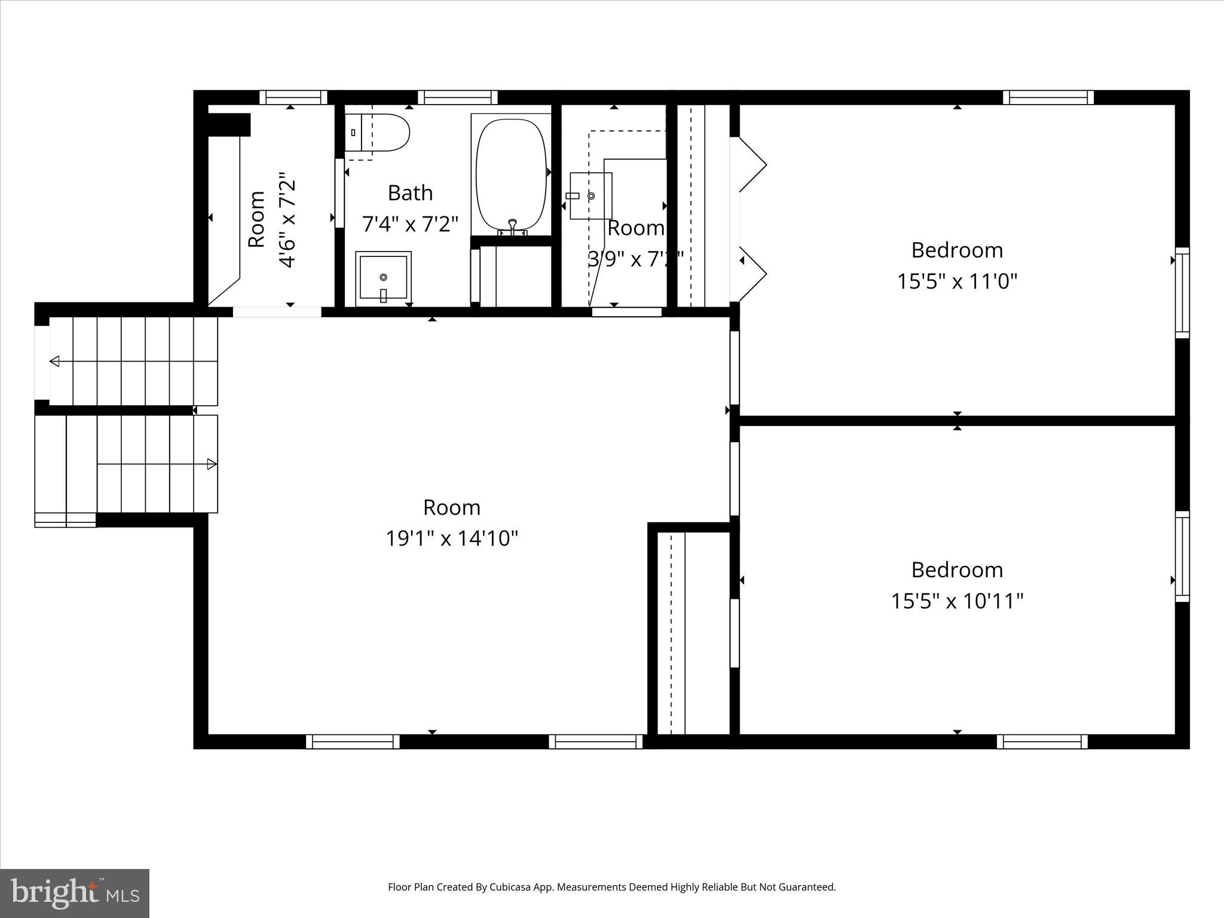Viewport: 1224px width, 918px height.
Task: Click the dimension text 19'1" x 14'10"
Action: [451, 538]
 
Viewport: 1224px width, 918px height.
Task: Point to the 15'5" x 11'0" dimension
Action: [957, 281]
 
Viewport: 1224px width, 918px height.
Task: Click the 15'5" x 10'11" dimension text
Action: [957, 601]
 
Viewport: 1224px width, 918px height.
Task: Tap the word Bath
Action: [410, 193]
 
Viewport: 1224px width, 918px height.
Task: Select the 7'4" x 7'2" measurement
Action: [410, 224]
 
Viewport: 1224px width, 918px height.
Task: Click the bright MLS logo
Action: [75, 893]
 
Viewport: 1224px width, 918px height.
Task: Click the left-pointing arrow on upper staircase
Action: [54, 361]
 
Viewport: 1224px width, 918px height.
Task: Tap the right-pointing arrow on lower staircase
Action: [211, 464]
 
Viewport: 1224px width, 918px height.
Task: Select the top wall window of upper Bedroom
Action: [1048, 97]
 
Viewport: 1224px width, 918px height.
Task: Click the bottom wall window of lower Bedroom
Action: [1042, 742]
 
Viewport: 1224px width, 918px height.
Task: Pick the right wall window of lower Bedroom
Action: [1182, 556]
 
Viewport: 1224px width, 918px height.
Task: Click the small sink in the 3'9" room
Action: [590, 196]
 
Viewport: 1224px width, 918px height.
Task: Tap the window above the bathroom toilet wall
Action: [457, 97]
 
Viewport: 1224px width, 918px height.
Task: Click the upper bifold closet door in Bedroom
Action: [752, 164]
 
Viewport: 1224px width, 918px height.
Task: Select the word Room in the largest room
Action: [451, 507]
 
